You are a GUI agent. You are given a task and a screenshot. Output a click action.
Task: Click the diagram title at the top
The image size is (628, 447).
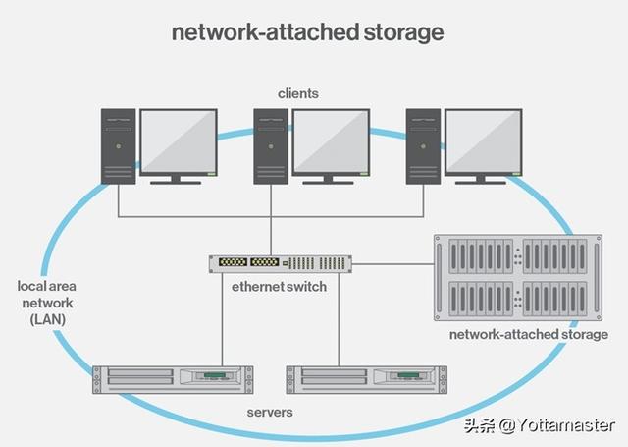point(307,32)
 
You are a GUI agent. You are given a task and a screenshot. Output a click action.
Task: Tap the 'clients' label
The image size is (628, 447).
point(298,93)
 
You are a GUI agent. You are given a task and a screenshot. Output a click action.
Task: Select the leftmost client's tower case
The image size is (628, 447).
point(118,146)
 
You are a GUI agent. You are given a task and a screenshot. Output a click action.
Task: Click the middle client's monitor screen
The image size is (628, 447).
point(331,141)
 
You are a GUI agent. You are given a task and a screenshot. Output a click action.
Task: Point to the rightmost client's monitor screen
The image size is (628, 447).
point(484,141)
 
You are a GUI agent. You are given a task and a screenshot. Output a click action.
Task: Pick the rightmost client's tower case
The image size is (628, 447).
point(423,146)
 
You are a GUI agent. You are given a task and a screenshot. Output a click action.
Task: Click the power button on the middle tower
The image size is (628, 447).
point(271,146)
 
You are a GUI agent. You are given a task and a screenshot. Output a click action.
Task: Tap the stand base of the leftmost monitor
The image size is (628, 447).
point(176,183)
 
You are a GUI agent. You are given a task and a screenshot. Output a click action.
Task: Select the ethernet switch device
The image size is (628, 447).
point(281,264)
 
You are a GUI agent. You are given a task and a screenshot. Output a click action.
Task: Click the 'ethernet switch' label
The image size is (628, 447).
point(279,287)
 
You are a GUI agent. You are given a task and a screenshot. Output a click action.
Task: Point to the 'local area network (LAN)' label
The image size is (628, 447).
point(47,303)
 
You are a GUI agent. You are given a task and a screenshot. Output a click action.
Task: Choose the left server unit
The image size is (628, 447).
point(173,379)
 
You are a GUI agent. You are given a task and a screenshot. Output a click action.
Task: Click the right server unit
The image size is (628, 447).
point(366,379)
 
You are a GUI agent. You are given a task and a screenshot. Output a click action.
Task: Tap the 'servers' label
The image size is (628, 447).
point(270,412)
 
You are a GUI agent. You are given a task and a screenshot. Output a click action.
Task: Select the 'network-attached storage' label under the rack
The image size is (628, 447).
point(529,334)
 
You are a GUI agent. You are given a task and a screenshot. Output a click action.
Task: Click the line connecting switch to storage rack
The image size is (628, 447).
point(392,264)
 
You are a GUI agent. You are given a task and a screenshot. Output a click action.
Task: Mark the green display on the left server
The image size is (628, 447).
point(215,375)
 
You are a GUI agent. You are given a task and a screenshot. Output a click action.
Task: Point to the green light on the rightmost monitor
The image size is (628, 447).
point(516,174)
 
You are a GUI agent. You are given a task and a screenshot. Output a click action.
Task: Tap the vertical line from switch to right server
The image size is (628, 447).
point(339,319)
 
